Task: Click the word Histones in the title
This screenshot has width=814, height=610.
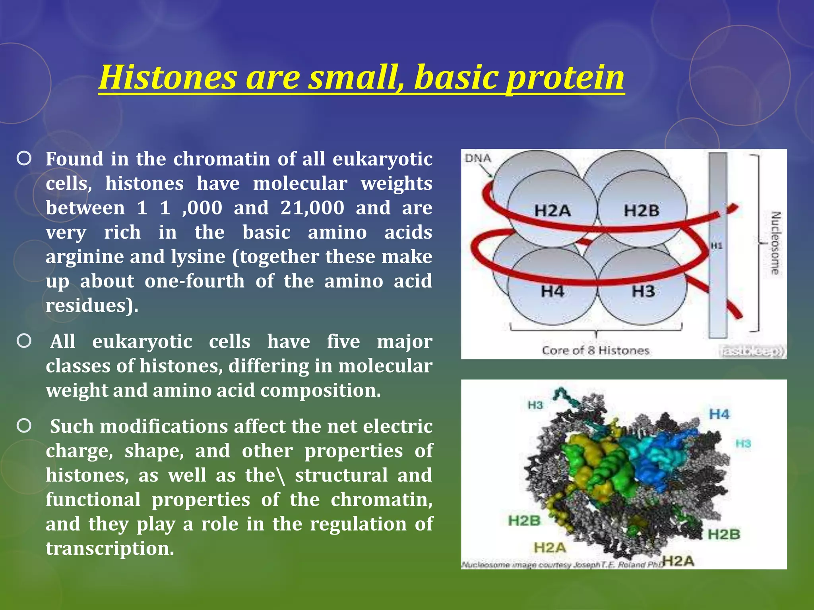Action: click(168, 77)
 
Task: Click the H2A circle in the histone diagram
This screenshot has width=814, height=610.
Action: click(552, 210)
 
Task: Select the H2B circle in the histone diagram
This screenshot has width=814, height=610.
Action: click(642, 210)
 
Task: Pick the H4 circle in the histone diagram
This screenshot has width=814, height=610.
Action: click(552, 292)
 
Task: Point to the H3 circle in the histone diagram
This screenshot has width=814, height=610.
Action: click(643, 292)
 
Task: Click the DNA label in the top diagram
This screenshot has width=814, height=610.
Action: click(478, 158)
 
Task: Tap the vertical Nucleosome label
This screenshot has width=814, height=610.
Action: click(775, 243)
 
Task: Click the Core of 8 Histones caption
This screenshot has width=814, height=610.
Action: click(595, 351)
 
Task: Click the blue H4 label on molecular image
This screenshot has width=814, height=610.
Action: click(719, 415)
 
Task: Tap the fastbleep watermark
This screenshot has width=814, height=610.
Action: click(752, 351)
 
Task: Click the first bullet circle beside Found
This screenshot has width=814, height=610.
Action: click(24, 159)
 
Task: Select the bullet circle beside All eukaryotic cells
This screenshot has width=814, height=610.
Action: click(24, 341)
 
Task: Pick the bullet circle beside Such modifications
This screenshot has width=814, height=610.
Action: click(24, 426)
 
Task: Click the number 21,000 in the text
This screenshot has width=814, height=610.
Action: click(312, 208)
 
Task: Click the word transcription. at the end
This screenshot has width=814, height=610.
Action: click(110, 548)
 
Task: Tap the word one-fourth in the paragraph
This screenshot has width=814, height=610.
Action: click(194, 281)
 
